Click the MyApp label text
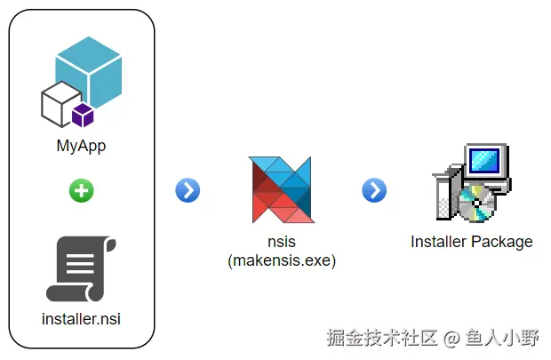coord(81,146)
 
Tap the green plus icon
coord(81,190)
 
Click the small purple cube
coord(84,115)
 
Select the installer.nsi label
coord(81,317)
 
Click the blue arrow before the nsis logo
coord(188,190)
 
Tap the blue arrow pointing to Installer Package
coord(374,190)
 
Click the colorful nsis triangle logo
coord(281,188)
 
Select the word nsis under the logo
coord(281,243)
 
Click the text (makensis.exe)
coord(281,260)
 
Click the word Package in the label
coord(503,242)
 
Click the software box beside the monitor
coord(447,191)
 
